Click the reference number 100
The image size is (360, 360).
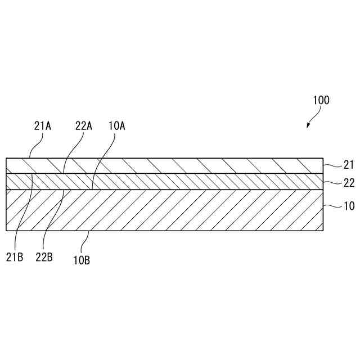(321, 101)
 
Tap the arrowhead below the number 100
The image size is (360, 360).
(308, 125)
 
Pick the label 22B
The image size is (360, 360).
(44, 257)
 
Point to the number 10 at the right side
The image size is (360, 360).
(349, 206)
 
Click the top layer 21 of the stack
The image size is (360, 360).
(169, 165)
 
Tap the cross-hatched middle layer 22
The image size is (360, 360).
(169, 181)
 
